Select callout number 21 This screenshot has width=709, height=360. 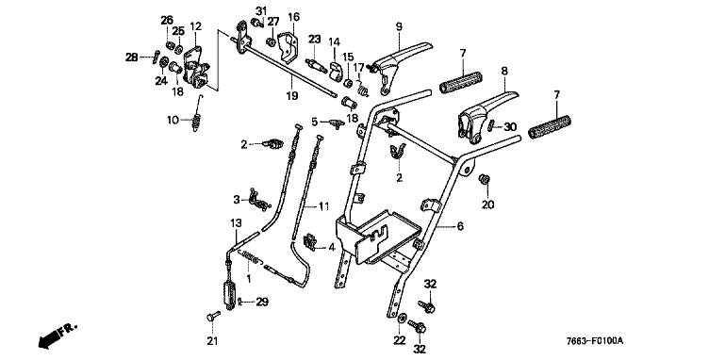(212, 341)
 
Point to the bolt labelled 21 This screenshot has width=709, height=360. (213, 317)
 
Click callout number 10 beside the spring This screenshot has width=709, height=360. (173, 120)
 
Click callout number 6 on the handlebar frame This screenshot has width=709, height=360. (460, 226)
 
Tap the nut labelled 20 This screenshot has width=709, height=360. (485, 179)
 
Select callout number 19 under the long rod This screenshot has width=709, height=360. (291, 96)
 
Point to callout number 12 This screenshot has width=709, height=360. (196, 26)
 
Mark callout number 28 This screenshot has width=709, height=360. (132, 57)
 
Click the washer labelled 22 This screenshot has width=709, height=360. (402, 317)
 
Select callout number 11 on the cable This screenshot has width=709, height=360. (323, 207)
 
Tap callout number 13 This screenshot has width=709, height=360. (236, 223)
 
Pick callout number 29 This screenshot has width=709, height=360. (263, 302)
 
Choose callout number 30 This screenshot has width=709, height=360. (510, 127)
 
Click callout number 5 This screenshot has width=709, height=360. (315, 122)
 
